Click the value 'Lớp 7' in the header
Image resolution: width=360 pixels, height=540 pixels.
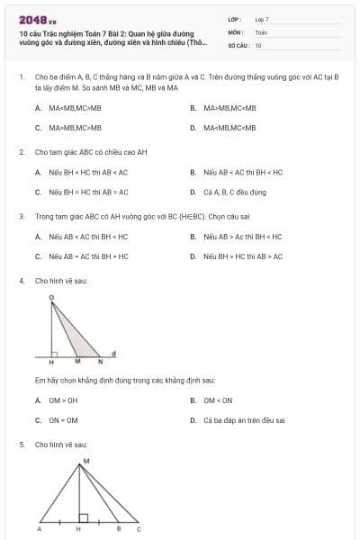click(262, 19)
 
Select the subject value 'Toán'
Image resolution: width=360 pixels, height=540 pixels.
click(261, 31)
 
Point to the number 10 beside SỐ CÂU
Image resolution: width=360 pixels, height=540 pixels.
click(258, 44)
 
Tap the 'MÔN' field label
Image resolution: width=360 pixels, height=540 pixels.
click(236, 31)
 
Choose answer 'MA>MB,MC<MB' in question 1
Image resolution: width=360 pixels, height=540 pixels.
click(229, 108)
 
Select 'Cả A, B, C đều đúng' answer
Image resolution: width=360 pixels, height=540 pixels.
click(236, 192)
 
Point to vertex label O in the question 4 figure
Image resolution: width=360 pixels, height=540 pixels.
click(50, 296)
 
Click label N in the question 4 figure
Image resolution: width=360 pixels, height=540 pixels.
click(100, 361)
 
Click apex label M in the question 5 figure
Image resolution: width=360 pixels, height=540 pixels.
click(85, 462)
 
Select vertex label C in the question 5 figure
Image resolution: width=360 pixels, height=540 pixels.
click(138, 530)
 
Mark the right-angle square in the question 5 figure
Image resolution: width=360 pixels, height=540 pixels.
click(83, 518)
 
